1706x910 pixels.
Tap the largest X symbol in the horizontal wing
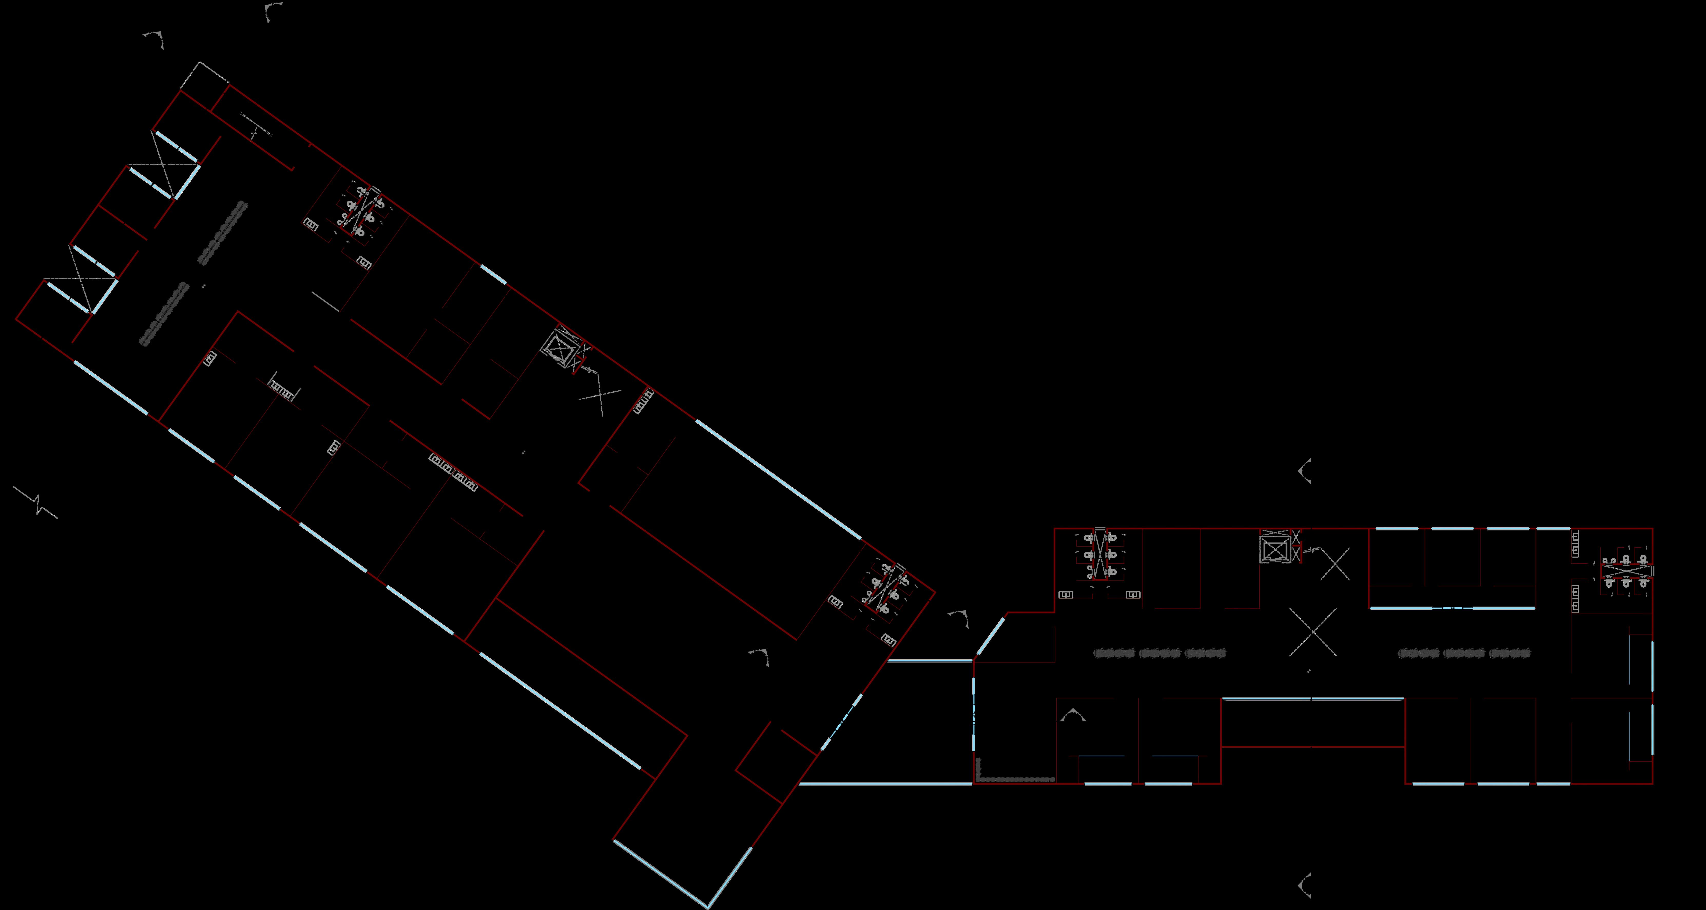point(1313,632)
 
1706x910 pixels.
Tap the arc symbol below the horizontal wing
point(1305,885)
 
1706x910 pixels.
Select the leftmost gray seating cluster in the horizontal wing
point(1114,653)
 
